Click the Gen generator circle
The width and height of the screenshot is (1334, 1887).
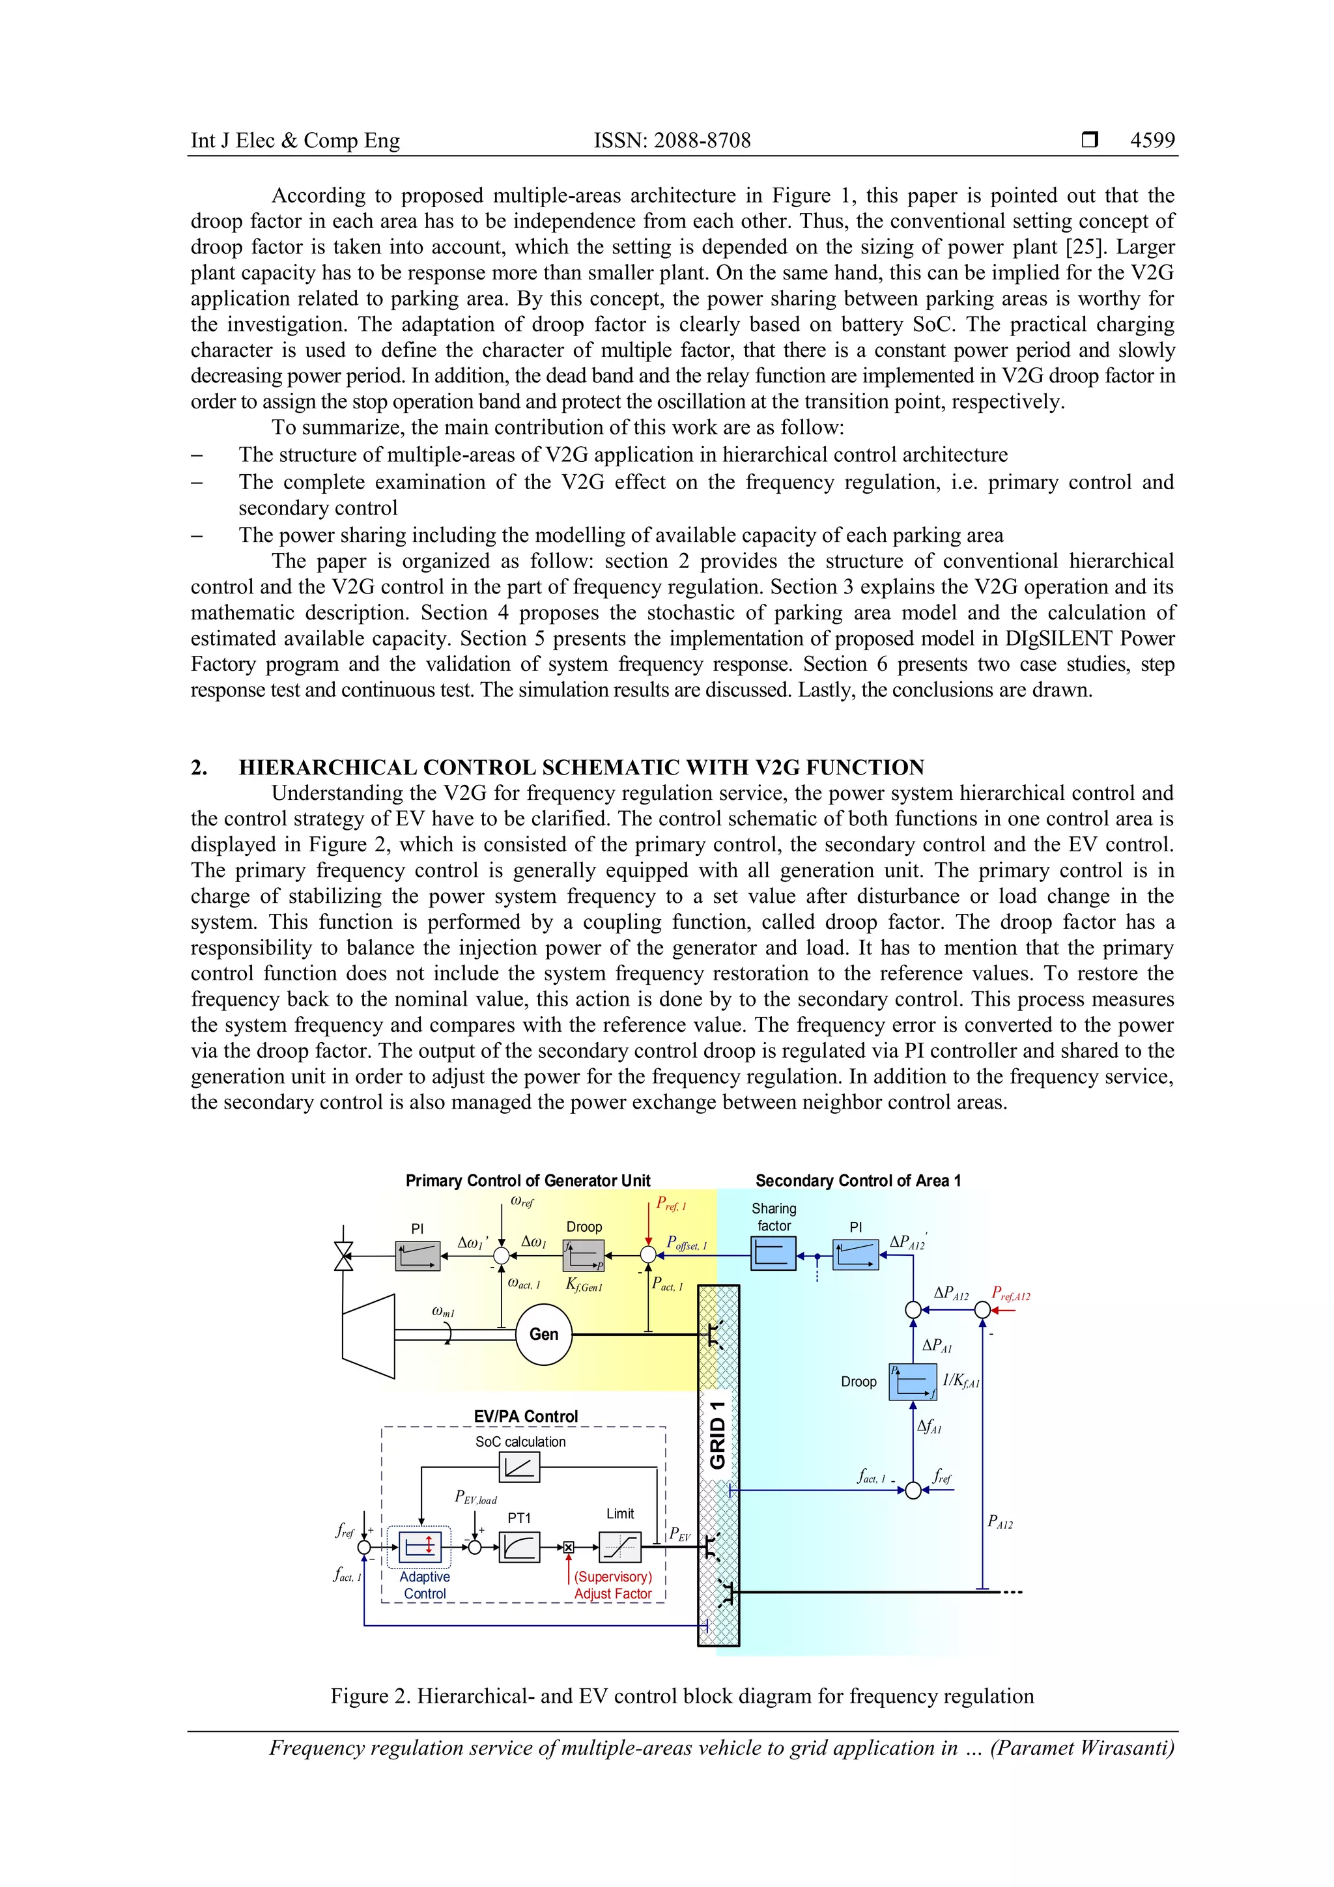543,1334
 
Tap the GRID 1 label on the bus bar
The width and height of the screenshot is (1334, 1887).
718,1434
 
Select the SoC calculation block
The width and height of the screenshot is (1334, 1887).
519,1467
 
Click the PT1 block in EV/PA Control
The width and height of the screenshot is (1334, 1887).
519,1548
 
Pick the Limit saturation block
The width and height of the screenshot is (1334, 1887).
619,1548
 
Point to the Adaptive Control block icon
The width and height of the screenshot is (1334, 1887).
420,1548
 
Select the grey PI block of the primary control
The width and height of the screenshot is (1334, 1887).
418,1255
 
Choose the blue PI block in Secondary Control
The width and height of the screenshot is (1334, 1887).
856,1255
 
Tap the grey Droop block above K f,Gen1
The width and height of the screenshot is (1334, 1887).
584,1255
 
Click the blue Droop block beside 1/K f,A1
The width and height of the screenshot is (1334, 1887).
913,1382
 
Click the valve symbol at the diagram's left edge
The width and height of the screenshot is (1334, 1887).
343,1256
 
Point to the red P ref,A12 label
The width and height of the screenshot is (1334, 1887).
1010,1294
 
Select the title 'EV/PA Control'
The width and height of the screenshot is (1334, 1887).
526,1416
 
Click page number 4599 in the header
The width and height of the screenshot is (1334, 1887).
1152,141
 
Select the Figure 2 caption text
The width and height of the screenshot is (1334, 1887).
682,1696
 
